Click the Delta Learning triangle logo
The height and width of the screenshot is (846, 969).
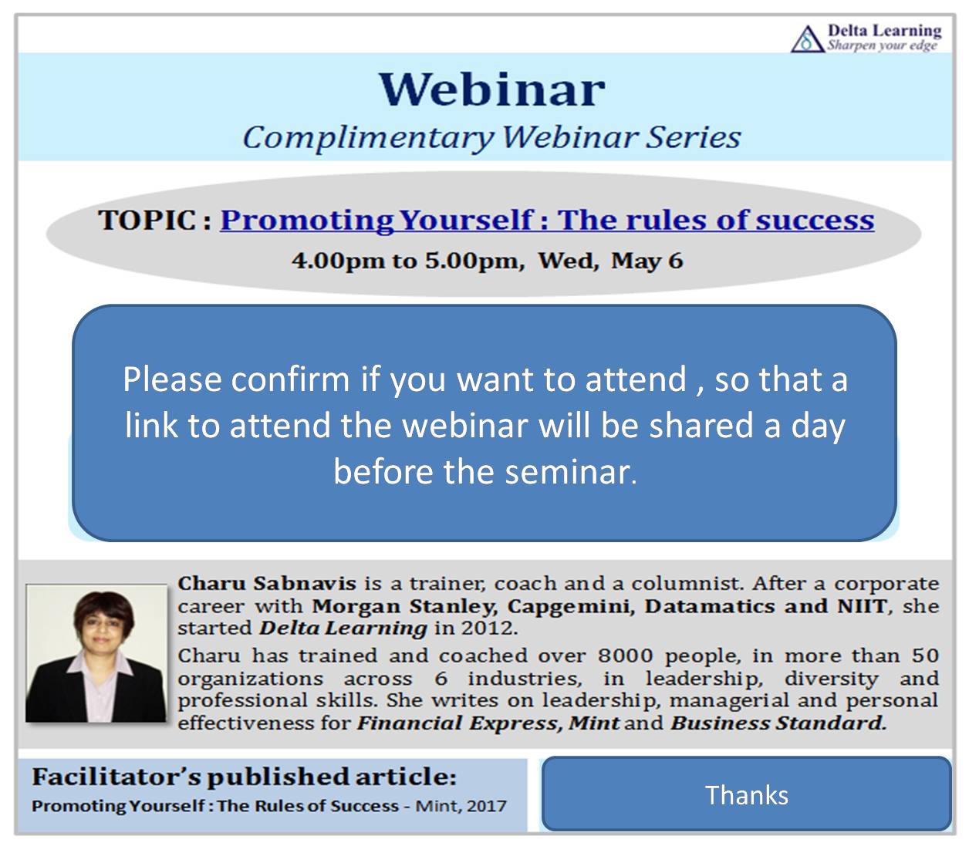coord(808,39)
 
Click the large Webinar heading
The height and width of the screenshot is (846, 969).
coord(491,89)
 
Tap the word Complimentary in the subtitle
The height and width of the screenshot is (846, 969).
coord(369,138)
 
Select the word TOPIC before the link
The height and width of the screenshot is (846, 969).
coord(147,220)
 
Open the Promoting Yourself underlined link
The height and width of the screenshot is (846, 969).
coord(547,221)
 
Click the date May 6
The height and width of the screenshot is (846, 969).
coord(647,261)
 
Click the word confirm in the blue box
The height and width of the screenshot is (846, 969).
coord(290,379)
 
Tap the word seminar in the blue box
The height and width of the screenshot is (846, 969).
coord(570,473)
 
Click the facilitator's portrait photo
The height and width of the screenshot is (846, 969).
coord(96,653)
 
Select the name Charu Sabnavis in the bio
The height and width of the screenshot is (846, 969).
coord(267,583)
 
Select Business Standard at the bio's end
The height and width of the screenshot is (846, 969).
coord(778,723)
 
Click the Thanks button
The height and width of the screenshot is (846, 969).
coord(746,795)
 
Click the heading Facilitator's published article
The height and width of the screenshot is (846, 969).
coord(244,777)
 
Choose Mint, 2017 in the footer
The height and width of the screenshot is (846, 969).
coord(461,806)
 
